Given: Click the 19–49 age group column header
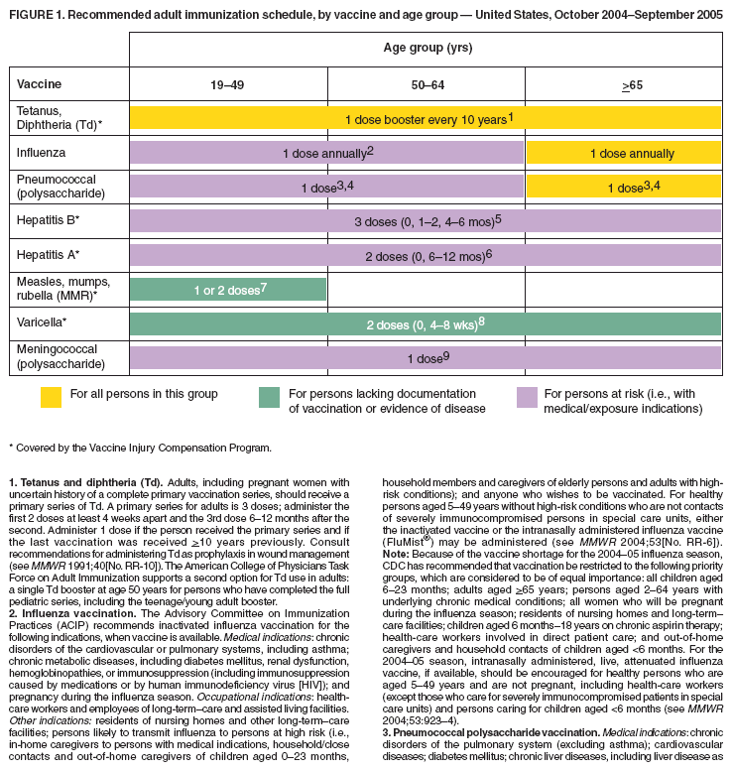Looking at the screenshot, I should click(x=227, y=86).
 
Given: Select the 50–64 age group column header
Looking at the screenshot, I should click(x=426, y=86).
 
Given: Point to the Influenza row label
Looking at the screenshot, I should click(x=41, y=153).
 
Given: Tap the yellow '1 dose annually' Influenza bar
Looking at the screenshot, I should click(x=623, y=153).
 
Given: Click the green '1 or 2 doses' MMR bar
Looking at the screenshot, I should click(x=228, y=289).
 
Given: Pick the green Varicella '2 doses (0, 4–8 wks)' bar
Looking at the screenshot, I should click(x=426, y=323).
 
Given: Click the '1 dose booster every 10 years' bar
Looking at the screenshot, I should click(x=426, y=118).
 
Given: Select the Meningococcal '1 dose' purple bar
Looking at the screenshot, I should click(x=426, y=357).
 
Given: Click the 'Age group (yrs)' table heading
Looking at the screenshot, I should click(x=425, y=48).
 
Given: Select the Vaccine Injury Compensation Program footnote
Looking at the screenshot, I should click(x=140, y=448).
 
